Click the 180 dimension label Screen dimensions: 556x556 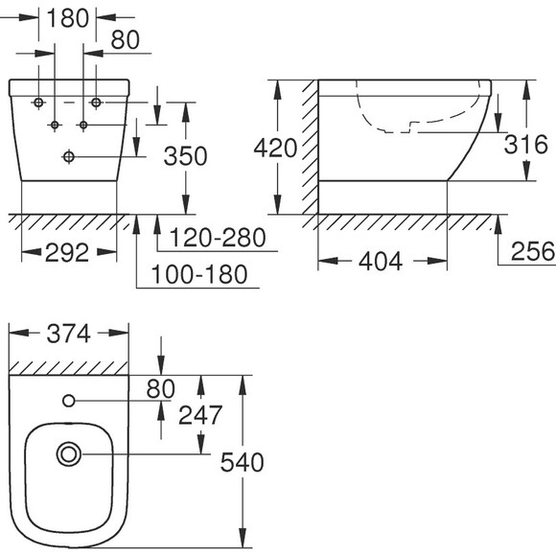(67, 18)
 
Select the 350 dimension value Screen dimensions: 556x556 (185, 156)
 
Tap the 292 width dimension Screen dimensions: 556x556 (67, 252)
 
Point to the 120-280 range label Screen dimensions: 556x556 (218, 237)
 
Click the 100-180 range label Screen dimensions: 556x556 (199, 274)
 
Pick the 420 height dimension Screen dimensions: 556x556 (275, 148)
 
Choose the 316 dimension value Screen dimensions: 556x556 (526, 145)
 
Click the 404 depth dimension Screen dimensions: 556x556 (381, 262)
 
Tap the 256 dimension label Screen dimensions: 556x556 (533, 251)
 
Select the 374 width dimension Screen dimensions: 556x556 (68, 334)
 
